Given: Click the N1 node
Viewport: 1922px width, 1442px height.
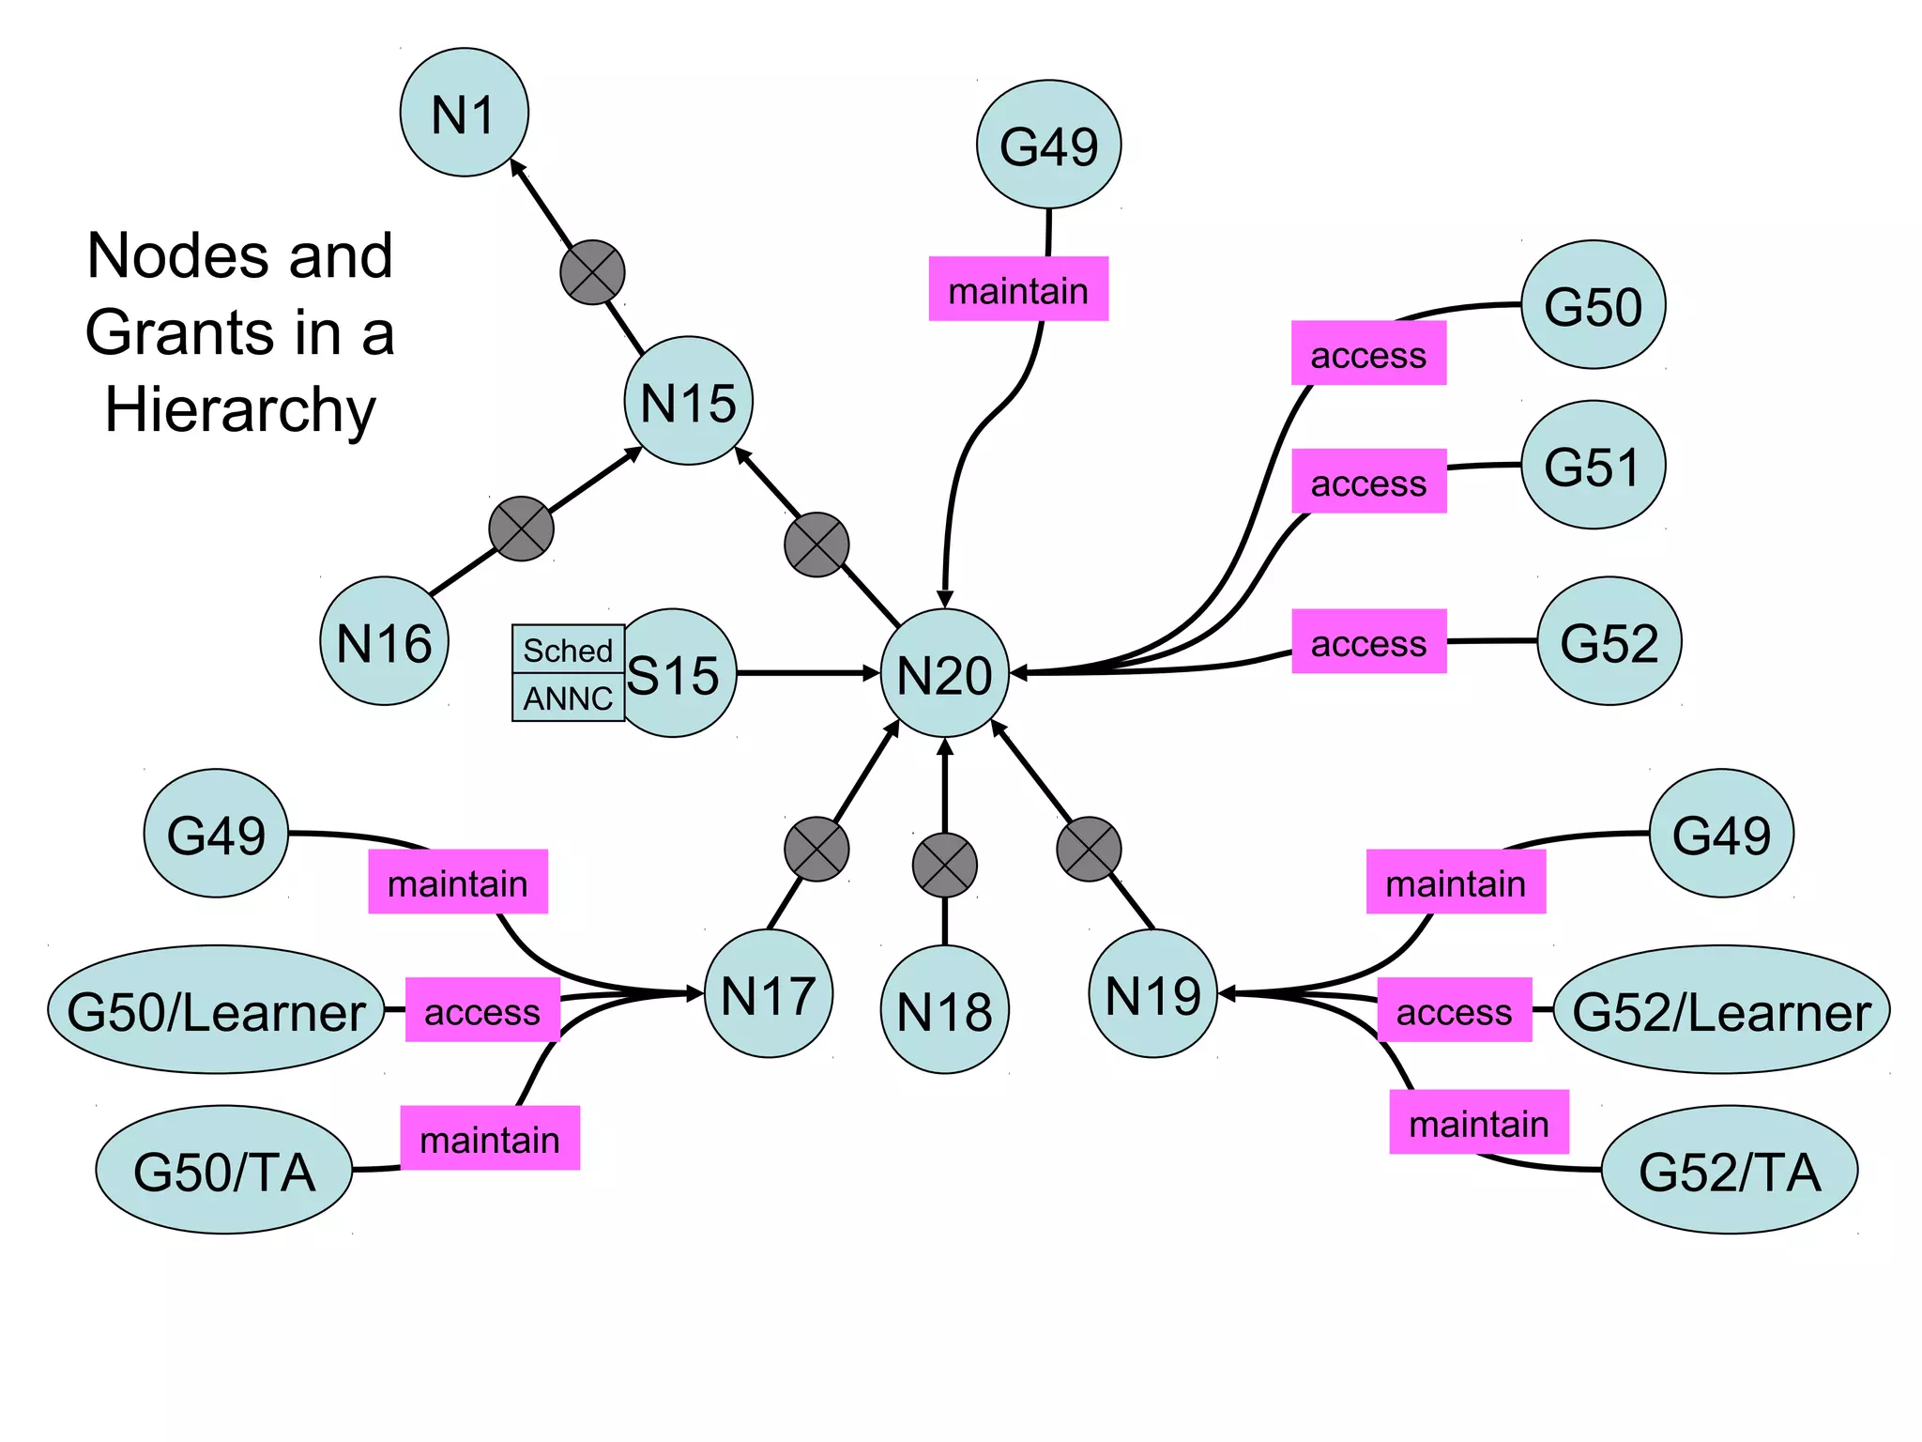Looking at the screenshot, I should coord(464,113).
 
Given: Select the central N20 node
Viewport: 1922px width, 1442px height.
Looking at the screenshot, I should coord(944,673).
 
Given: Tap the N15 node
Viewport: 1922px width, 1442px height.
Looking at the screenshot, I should coord(688,401).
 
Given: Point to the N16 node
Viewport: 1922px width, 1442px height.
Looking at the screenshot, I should coord(384,641).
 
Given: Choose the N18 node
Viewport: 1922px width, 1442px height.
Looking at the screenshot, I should coord(944,1009).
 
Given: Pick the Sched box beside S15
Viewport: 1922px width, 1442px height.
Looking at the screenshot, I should coord(568,649).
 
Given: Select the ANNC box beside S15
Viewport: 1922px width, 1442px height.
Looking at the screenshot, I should coord(568,698).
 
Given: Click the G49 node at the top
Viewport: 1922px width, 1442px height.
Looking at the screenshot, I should coord(1048,145).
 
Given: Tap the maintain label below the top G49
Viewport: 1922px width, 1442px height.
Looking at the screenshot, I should coord(1018,289).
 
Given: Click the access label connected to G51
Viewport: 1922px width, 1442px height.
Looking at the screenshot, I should coord(1368,482).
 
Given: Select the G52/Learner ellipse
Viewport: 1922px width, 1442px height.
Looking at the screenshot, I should coord(1721,1009).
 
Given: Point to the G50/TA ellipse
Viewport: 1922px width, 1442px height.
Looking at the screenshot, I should coord(224,1170).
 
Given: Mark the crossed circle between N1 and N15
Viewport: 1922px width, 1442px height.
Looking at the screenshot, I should coord(592,272).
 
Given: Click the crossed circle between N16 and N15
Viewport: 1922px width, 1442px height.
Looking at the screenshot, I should coord(521,529).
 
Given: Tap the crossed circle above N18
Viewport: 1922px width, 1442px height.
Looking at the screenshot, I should coord(944,865).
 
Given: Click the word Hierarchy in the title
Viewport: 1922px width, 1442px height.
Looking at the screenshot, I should coord(240,410).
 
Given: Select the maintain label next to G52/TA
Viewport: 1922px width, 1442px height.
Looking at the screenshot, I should coord(1478,1122).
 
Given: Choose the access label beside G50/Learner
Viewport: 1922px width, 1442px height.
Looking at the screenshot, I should coord(482,1010).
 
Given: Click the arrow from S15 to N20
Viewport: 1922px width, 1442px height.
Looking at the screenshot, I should coord(807,673).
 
